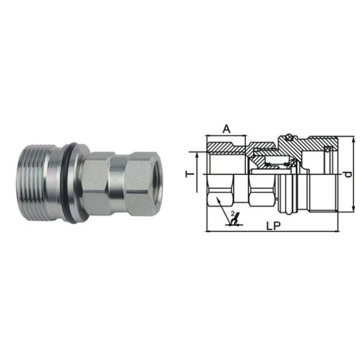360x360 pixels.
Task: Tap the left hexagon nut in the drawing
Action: tap(218, 196)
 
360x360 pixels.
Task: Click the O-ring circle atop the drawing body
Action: tap(288, 136)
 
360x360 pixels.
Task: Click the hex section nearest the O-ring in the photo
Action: tap(98, 180)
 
